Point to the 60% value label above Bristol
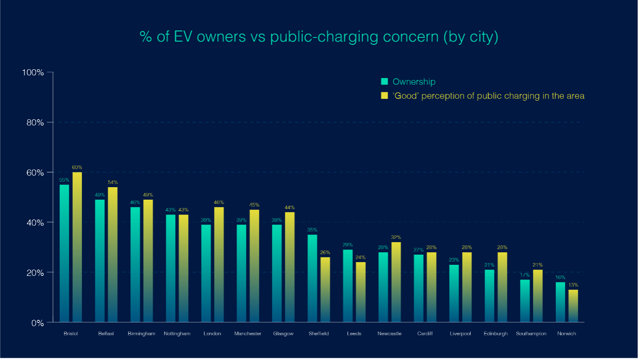(x=77, y=167)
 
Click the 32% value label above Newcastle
(x=396, y=237)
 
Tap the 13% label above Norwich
(x=573, y=285)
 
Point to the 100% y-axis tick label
(x=33, y=73)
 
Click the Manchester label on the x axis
(x=248, y=334)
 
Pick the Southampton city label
(x=531, y=334)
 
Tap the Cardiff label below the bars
(x=425, y=334)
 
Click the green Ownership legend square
(x=384, y=82)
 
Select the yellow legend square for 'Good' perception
(x=384, y=96)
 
